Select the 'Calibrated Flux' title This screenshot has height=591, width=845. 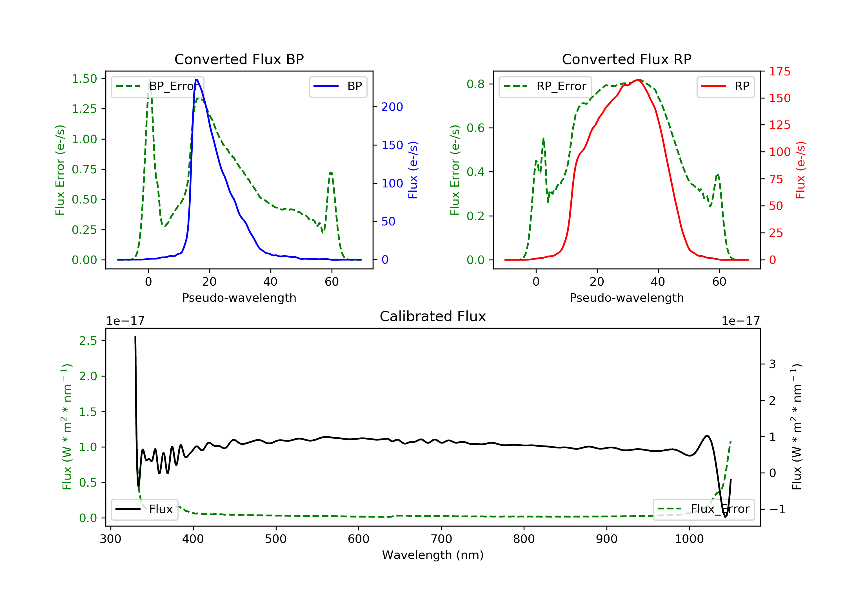click(433, 317)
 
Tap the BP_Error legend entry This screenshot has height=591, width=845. click(157, 87)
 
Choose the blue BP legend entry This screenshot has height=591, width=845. click(338, 86)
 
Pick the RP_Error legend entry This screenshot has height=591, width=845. click(545, 87)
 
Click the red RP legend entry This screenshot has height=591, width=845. click(725, 86)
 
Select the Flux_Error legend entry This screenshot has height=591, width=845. click(703, 509)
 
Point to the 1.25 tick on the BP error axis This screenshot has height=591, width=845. click(84, 109)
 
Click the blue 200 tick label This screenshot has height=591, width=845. click(392, 107)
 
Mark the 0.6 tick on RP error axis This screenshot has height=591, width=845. click(475, 128)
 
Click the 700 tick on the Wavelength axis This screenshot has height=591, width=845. click(441, 539)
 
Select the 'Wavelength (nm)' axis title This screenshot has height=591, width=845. click(433, 555)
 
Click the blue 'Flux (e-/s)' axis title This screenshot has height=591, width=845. click(413, 170)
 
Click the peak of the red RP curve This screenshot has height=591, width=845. click(639, 80)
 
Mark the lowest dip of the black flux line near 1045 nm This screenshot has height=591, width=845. click(725, 517)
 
